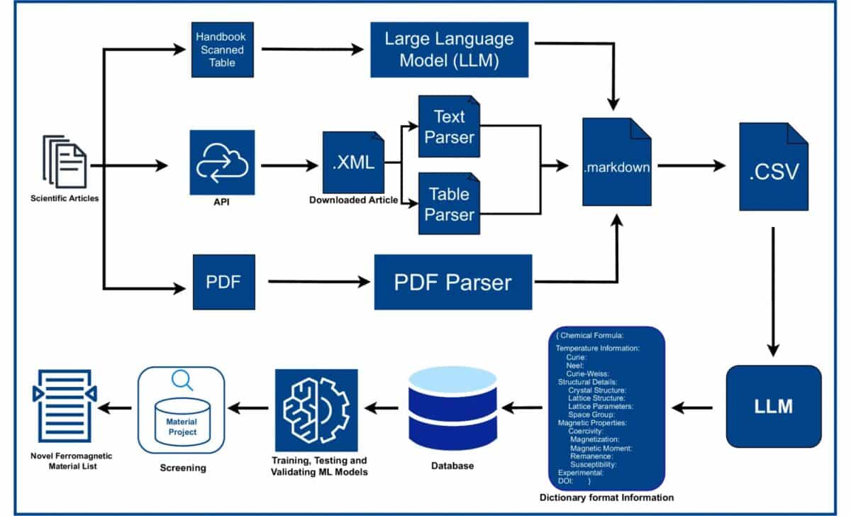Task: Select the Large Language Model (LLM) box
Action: tap(450, 50)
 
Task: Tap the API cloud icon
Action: tap(222, 162)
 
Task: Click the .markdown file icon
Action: tap(617, 168)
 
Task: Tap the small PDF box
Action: tap(224, 282)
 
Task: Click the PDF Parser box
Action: tap(452, 282)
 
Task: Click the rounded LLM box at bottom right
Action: tap(774, 407)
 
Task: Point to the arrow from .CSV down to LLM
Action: tap(773, 291)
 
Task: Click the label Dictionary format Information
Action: tap(606, 497)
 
